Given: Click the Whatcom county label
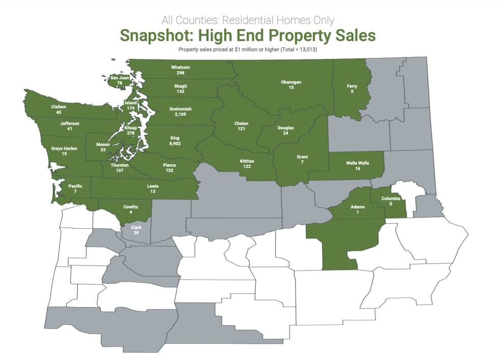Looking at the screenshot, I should [x=181, y=67].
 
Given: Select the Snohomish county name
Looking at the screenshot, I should [x=181, y=109].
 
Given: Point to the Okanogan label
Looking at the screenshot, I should [x=291, y=82].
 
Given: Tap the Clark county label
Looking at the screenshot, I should [x=136, y=227].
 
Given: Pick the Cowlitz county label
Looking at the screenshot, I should [x=131, y=206].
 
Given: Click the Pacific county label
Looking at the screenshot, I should [x=75, y=186].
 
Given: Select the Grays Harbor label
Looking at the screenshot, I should [x=64, y=148].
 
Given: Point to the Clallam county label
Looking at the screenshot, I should [x=59, y=107].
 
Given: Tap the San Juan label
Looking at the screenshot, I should [x=120, y=78].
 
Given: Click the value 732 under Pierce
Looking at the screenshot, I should [x=169, y=170].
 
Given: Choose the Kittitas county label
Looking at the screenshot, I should [x=247, y=161].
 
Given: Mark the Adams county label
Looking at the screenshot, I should [x=358, y=207].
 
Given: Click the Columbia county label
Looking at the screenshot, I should [x=390, y=198].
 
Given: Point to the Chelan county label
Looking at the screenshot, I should [x=241, y=124].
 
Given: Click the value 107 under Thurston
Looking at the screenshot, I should [x=120, y=170].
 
